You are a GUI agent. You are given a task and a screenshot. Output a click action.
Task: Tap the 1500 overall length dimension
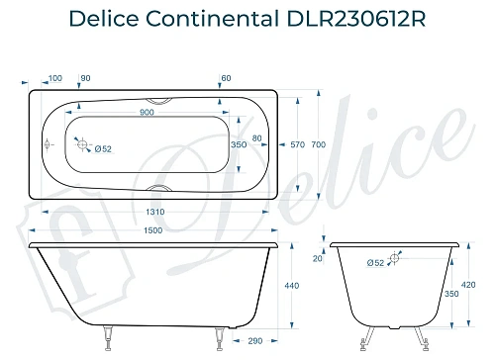point(151,230)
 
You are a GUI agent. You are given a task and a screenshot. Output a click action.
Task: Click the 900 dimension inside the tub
point(146,112)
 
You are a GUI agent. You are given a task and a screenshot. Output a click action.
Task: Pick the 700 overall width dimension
point(318,145)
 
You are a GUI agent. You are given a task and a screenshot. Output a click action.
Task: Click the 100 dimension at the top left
point(54,78)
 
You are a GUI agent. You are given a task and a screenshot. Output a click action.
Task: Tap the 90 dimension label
point(85,78)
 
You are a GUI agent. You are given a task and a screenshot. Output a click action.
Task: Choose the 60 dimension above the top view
point(227,78)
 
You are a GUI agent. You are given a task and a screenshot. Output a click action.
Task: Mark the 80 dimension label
point(257,137)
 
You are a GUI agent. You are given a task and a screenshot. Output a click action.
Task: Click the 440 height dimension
point(291,286)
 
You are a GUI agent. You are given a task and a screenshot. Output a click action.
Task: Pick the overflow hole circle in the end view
point(395,259)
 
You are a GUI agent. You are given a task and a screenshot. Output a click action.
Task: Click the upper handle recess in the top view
point(158,99)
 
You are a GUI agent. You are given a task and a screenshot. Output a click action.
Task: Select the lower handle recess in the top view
point(158,187)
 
